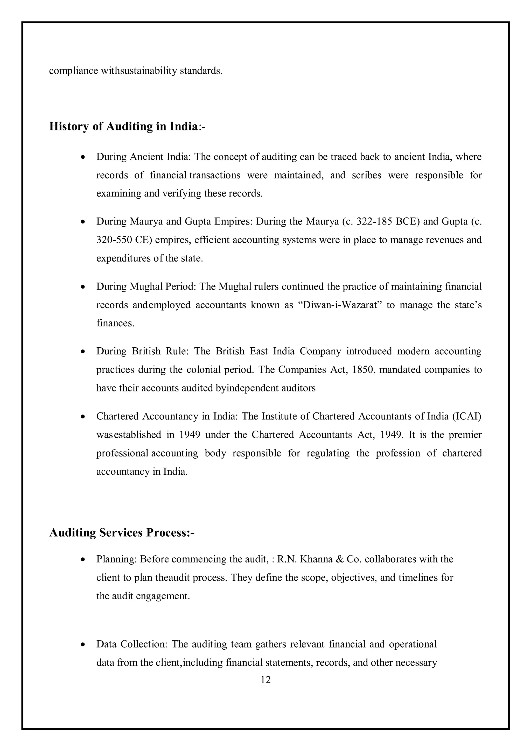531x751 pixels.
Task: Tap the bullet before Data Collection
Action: click(83, 645)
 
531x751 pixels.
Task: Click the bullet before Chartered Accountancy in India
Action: click(83, 417)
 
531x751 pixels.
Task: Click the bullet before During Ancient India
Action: click(83, 157)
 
